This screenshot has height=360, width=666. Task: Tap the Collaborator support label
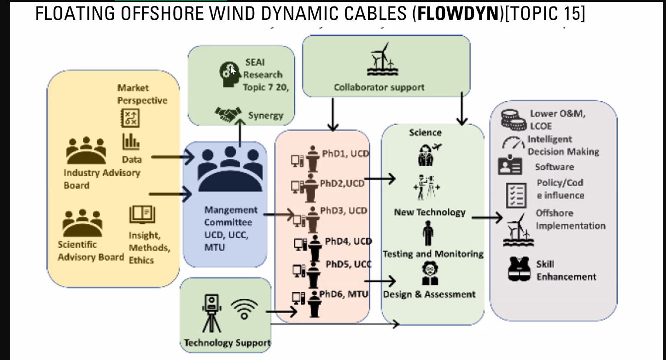click(379, 87)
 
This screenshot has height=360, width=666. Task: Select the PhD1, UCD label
click(345, 153)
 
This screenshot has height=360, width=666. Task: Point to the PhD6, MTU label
click(344, 294)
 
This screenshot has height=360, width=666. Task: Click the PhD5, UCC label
click(349, 264)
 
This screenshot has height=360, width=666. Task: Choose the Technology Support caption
click(227, 343)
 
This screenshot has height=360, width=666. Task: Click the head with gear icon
click(229, 74)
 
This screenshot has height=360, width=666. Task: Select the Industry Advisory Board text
click(102, 179)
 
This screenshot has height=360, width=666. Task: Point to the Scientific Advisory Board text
click(90, 251)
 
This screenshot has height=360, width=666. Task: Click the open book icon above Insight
click(142, 214)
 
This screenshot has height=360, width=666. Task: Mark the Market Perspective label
click(142, 94)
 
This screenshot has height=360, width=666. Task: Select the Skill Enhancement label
click(566, 271)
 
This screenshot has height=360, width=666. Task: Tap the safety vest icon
click(520, 269)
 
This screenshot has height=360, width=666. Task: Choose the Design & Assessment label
click(429, 294)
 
